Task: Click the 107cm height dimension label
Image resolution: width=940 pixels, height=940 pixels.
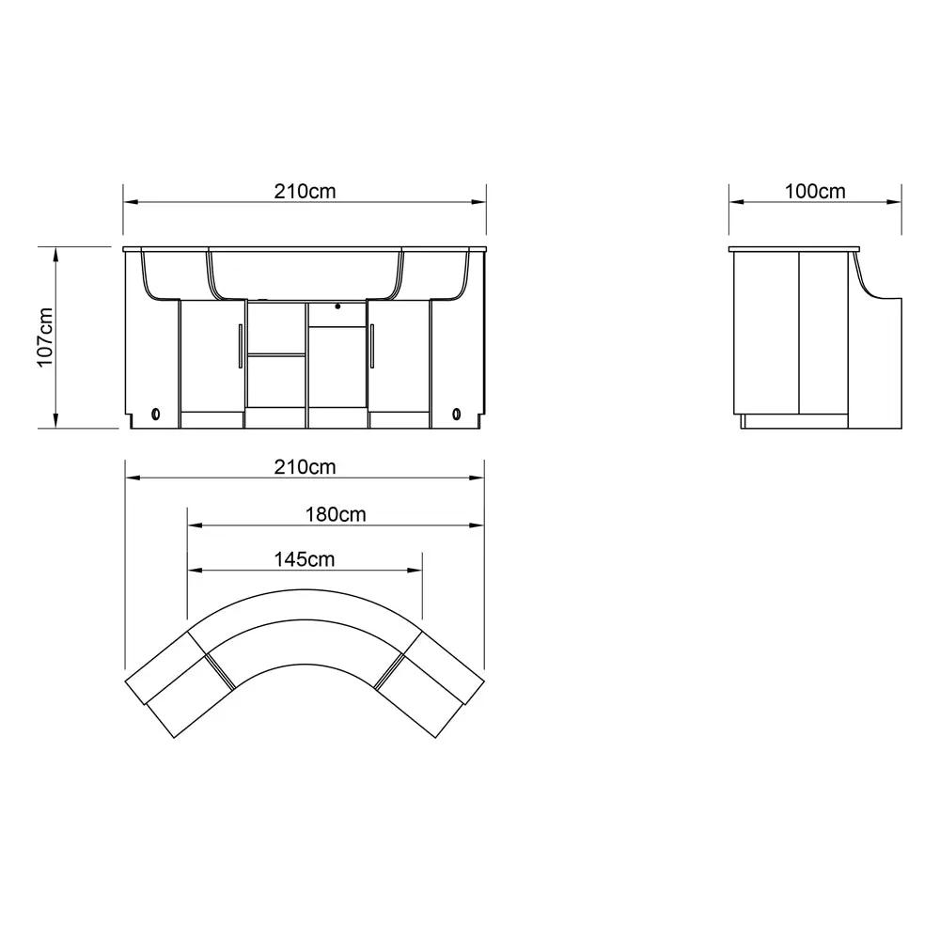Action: tap(45, 337)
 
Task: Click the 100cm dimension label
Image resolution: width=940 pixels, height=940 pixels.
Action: tap(815, 191)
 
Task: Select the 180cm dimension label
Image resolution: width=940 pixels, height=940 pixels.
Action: tap(336, 514)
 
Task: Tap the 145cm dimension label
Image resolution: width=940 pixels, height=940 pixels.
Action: tap(305, 559)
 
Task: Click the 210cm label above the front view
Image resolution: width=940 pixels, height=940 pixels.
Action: tap(305, 191)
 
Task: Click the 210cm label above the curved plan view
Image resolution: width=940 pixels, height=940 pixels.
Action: tap(305, 467)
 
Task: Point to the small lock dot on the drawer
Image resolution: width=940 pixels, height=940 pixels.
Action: tap(337, 306)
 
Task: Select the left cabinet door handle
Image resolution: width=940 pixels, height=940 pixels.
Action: tap(241, 346)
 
